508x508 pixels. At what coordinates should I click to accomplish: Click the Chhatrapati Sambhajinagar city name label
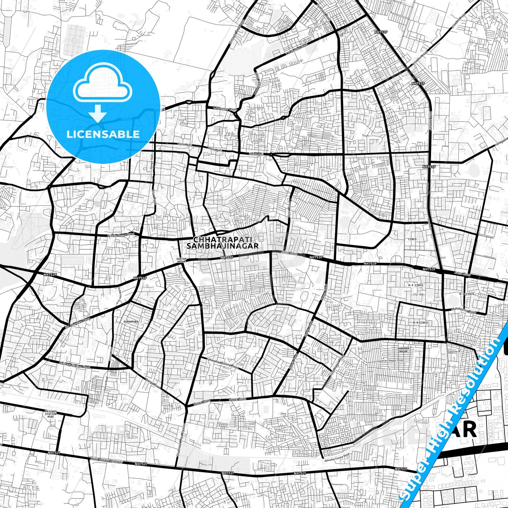223,243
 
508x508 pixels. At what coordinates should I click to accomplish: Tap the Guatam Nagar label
181,260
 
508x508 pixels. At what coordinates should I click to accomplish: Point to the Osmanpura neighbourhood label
131,321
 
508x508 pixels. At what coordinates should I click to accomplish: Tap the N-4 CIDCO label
420,322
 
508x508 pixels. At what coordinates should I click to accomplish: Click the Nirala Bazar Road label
121,235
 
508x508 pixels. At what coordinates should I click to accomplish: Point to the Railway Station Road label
75,366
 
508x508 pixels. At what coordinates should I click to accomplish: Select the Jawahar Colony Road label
223,363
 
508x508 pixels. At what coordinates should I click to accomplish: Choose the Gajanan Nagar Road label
391,360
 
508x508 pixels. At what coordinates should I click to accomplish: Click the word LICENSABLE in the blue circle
103,134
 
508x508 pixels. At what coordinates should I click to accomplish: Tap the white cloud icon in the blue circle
102,83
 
